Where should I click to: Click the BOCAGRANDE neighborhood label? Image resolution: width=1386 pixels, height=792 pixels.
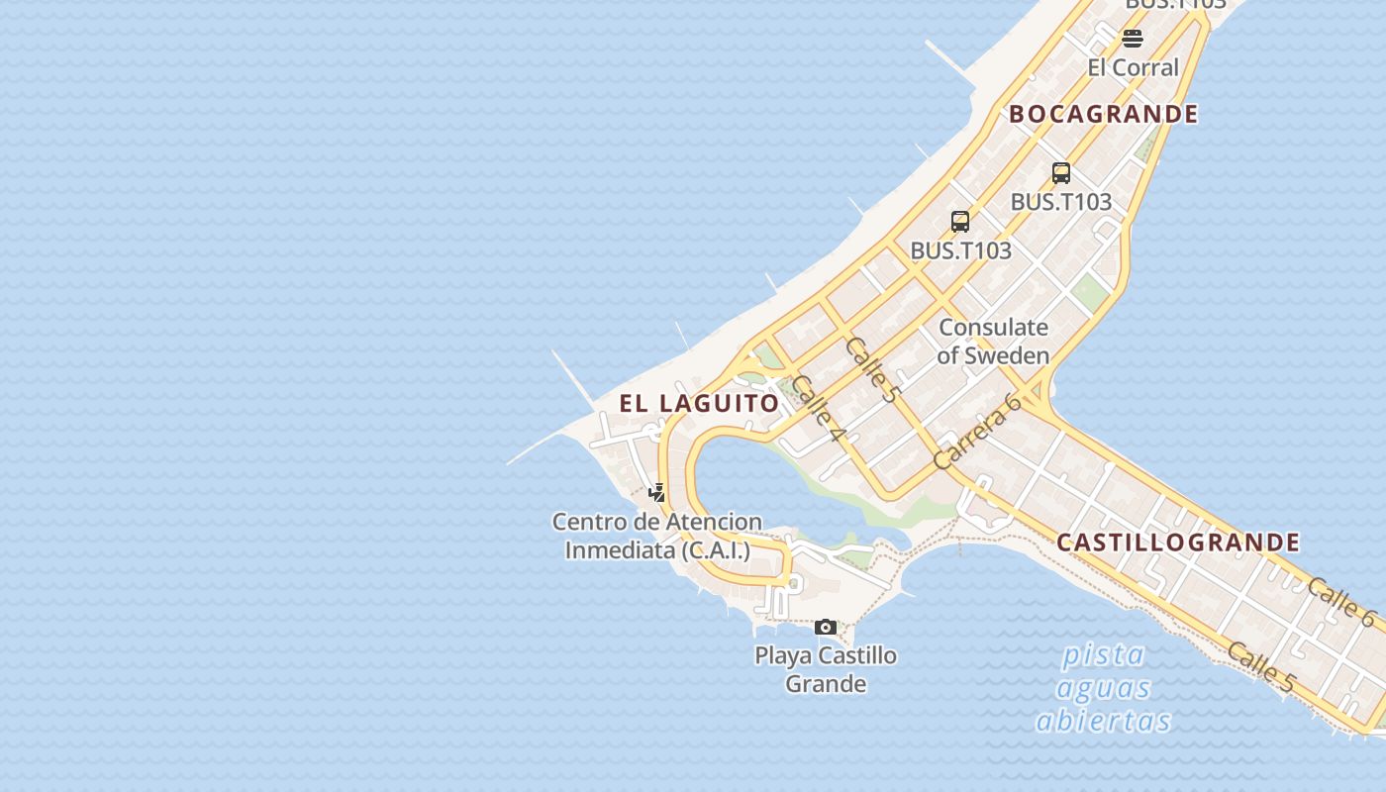[1103, 114]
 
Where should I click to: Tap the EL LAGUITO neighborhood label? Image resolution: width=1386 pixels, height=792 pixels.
[700, 403]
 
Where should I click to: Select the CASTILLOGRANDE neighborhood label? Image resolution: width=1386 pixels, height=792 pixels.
[1178, 542]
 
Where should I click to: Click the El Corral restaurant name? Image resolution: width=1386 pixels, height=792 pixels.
[1133, 67]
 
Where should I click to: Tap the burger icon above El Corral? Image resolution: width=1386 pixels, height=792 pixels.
[1133, 39]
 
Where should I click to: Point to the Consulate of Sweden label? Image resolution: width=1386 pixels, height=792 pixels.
[993, 341]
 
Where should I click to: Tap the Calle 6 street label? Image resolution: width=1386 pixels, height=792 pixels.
[1340, 601]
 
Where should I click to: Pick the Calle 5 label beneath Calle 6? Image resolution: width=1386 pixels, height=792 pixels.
[1260, 666]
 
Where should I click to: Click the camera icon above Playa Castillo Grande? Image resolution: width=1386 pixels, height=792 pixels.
[826, 627]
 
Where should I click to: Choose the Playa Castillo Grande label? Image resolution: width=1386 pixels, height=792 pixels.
[826, 669]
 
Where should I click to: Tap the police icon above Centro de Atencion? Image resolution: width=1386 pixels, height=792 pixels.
[656, 492]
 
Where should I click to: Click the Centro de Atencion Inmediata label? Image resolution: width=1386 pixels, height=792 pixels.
[657, 536]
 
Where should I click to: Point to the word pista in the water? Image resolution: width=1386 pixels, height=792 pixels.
[1103, 654]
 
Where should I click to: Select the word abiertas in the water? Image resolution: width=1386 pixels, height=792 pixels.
[1103, 721]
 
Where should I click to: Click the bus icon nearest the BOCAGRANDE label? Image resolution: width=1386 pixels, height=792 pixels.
[1061, 173]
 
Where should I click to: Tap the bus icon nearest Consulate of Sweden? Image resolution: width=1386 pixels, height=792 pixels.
[960, 222]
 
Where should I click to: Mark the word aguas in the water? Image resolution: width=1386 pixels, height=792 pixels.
[1103, 687]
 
